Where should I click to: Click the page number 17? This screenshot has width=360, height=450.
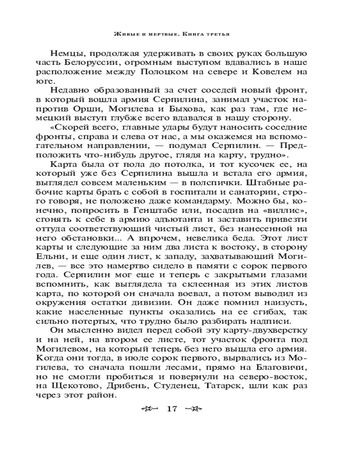pyautogui.click(x=172, y=409)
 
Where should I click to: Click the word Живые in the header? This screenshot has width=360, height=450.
pyautogui.click(x=124, y=33)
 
